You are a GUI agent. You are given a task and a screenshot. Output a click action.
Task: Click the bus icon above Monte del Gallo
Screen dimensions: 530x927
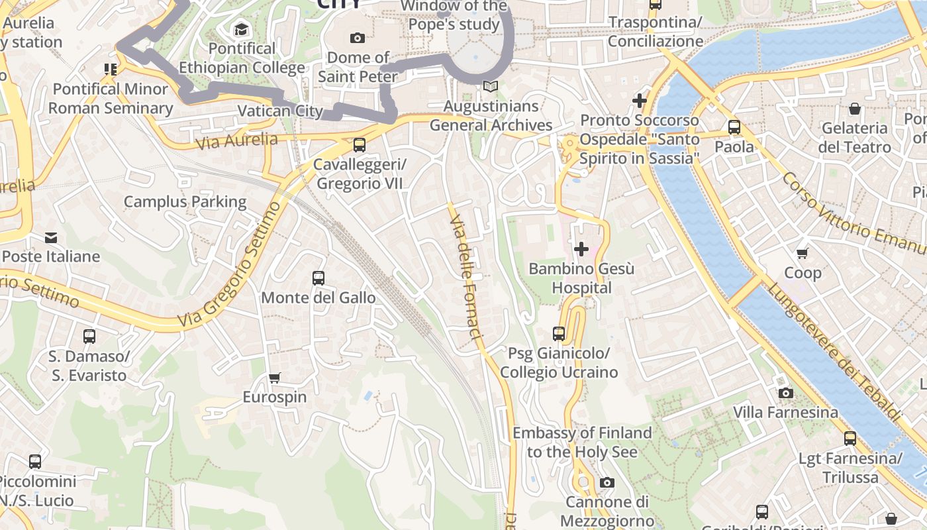318,278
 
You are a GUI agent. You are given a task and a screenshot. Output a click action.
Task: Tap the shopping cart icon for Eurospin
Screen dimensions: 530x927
275,378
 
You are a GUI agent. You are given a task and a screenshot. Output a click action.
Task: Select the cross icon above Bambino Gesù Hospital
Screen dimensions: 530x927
581,249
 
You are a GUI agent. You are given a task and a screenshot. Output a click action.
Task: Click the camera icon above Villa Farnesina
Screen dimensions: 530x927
786,393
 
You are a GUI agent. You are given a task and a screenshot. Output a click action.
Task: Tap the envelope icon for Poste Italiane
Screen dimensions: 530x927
51,237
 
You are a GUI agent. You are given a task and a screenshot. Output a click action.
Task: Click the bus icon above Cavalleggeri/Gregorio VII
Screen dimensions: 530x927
360,144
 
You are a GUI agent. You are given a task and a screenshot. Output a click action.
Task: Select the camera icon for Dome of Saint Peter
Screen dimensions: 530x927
358,38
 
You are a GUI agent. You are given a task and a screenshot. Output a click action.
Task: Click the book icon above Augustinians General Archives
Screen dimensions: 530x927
491,87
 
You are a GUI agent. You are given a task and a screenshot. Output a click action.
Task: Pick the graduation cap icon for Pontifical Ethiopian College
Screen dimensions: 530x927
241,29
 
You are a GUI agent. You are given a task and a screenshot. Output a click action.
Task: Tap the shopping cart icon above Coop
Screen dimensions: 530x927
803,253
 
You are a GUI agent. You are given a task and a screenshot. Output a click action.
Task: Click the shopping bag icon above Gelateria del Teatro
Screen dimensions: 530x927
855,109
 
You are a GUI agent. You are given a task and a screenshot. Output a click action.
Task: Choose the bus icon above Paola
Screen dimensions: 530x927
734,127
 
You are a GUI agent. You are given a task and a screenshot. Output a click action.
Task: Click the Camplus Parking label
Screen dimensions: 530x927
185,201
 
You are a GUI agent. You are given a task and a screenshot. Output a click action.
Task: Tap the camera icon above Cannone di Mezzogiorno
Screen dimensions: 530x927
607,482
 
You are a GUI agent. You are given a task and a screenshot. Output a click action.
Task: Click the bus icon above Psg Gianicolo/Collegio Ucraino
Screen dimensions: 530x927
559,334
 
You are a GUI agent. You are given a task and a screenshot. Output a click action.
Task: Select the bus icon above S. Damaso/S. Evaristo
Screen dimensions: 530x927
89,337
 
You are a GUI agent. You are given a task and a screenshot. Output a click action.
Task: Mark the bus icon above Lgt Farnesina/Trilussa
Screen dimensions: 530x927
850,439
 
